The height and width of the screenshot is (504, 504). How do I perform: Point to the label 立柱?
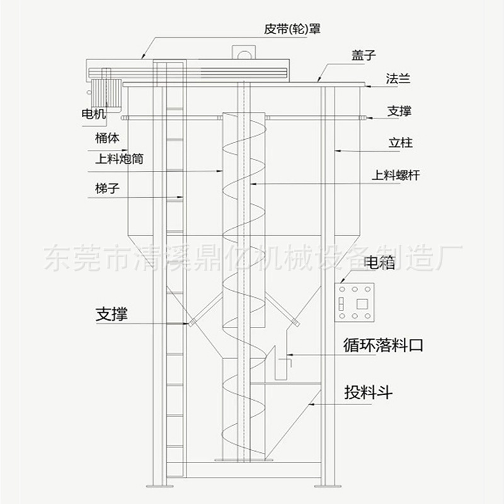click(x=400, y=144)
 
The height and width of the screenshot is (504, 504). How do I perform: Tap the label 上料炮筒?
click(x=119, y=159)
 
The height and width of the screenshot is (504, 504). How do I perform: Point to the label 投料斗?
click(x=369, y=392)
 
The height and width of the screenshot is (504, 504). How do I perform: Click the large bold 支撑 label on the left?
click(x=112, y=313)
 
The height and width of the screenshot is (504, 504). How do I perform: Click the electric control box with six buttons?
click(x=356, y=303)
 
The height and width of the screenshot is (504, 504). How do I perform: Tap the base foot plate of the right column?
click(x=328, y=486)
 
